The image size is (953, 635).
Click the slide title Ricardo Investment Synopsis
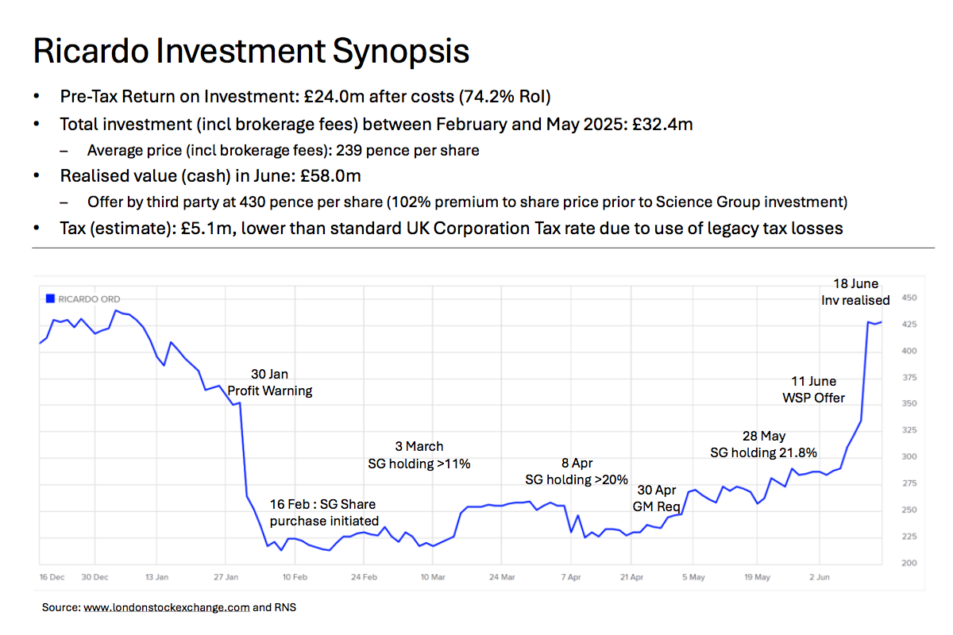251,52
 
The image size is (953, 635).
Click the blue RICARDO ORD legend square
49,299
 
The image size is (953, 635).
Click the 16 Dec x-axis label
52,577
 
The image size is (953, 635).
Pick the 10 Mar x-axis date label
432,577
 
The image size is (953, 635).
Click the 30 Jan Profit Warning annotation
270,382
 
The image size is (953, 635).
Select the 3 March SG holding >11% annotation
419,455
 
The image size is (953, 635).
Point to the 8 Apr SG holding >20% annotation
577,471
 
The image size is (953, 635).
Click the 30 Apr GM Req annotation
654,498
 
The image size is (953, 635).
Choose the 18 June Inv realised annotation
855,292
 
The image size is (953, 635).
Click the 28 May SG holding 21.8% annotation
763,444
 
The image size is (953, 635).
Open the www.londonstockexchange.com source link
166,608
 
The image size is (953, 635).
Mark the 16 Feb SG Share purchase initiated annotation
322,513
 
